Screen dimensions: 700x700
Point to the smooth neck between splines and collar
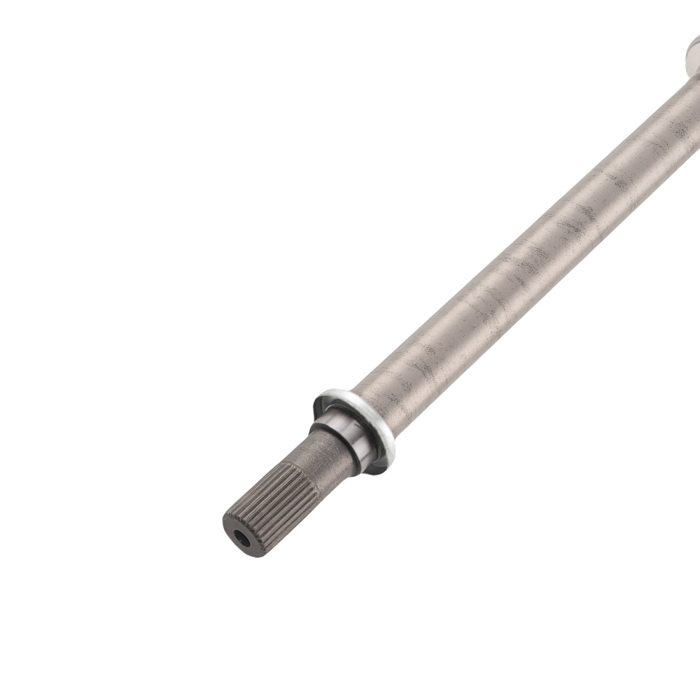pyautogui.click(x=318, y=451)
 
